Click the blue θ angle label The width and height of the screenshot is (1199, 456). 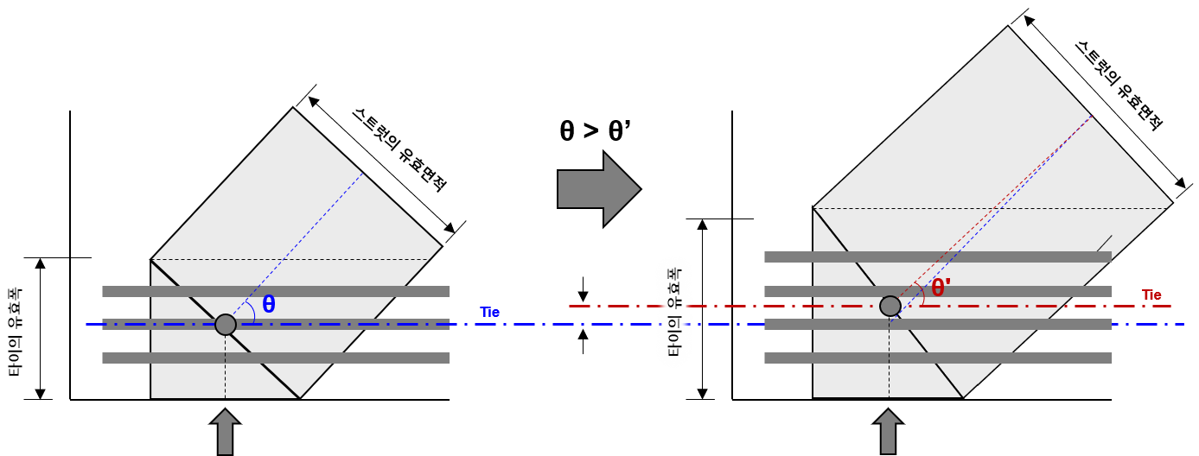tap(269, 304)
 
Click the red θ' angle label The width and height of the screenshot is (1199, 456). tap(940, 288)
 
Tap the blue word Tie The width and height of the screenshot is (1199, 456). tap(489, 313)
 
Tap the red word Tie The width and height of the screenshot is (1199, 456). tap(1151, 295)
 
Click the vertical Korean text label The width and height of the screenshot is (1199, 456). tap(674, 312)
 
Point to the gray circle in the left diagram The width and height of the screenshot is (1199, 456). tap(226, 325)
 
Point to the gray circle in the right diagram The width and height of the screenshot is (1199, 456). tap(890, 306)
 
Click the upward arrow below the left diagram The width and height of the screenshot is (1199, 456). tap(225, 431)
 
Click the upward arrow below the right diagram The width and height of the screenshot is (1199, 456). tap(888, 431)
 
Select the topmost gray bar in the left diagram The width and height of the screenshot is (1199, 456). tap(276, 292)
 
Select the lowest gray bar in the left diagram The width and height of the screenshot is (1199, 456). tap(276, 358)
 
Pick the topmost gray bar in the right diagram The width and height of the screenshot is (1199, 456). tap(938, 256)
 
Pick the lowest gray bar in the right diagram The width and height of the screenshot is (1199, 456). tap(938, 358)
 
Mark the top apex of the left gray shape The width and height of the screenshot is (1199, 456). tap(293, 110)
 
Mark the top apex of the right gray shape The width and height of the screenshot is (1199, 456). tap(1007, 28)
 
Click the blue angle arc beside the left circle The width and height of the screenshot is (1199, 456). tap(251, 310)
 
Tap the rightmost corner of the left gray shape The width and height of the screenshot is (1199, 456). tap(440, 247)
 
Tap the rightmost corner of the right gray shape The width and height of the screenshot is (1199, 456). tap(1170, 205)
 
